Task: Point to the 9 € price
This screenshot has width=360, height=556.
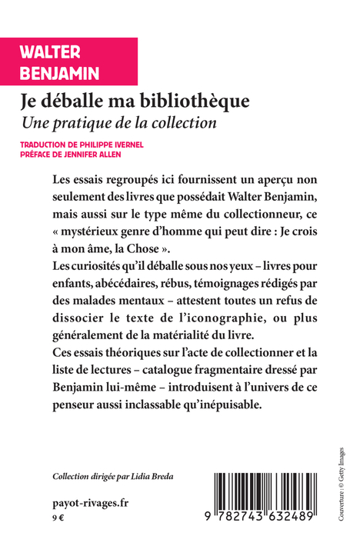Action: click(56, 518)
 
